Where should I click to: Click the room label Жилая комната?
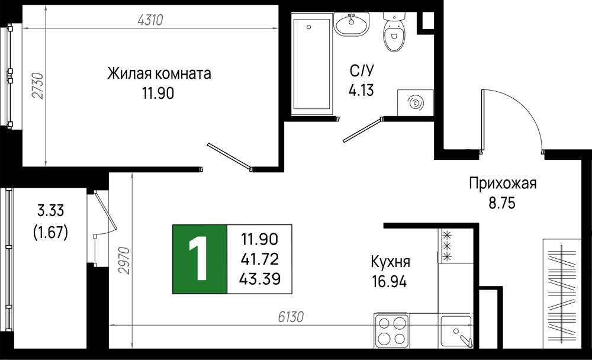click(159, 73)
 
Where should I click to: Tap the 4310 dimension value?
click(150, 20)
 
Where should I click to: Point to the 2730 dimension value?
click(38, 86)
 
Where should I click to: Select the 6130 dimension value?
click(291, 317)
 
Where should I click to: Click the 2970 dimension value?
click(124, 261)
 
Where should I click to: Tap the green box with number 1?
click(200, 259)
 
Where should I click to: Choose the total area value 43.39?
click(260, 279)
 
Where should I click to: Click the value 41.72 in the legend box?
click(260, 259)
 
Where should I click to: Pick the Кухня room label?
click(390, 261)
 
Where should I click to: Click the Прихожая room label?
click(503, 183)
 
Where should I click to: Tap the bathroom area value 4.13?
click(361, 90)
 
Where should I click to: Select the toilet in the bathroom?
click(394, 32)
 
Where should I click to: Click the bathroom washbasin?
click(351, 24)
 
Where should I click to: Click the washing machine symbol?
click(415, 102)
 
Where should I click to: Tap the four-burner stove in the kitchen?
click(392, 330)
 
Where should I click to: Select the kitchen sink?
click(456, 332)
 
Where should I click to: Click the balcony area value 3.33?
click(50, 210)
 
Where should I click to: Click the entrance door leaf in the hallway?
click(482, 121)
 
